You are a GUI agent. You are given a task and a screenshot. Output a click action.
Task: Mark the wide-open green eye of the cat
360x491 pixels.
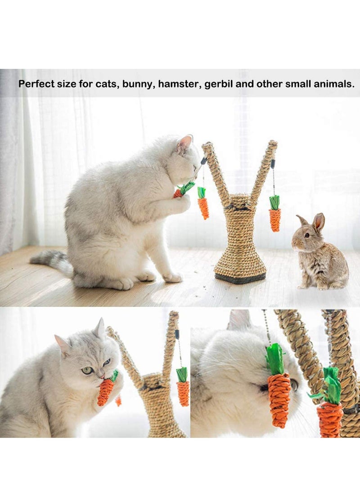[87, 370]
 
